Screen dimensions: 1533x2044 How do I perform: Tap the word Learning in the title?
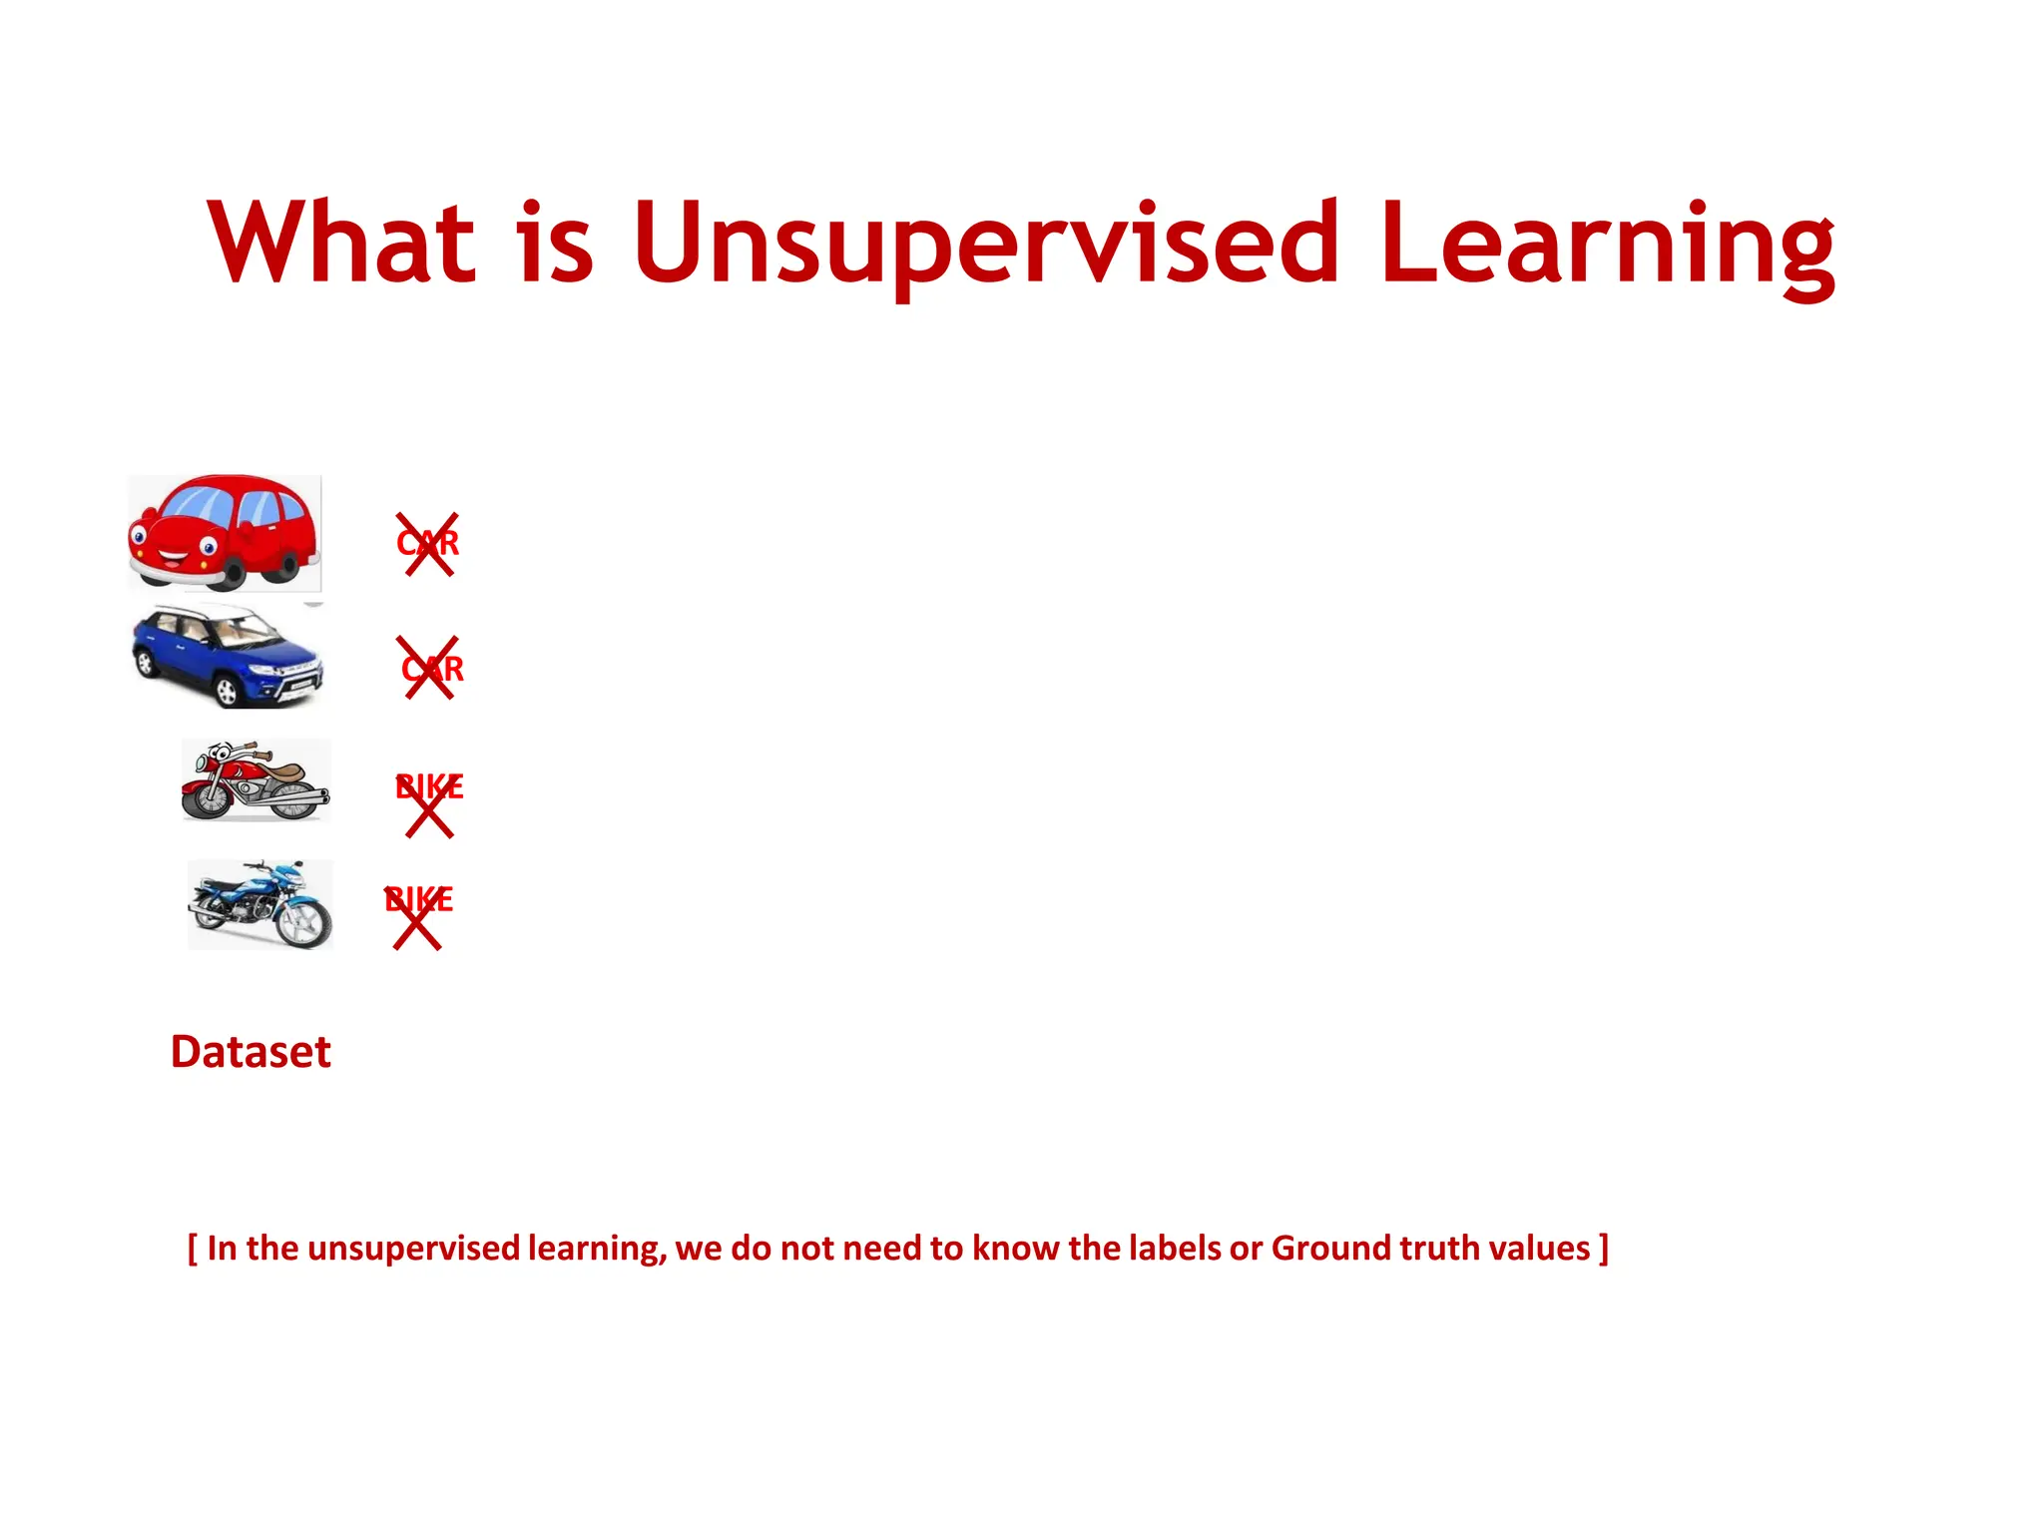pyautogui.click(x=1607, y=245)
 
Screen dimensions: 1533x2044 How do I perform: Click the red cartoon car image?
pyautogui.click(x=225, y=533)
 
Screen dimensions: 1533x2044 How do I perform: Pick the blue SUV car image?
pyautogui.click(x=228, y=657)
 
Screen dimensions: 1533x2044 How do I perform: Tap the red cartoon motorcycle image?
pyautogui.click(x=255, y=780)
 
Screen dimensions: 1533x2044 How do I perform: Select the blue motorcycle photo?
pyautogui.click(x=260, y=904)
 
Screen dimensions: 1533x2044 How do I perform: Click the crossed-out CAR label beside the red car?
pyautogui.click(x=427, y=544)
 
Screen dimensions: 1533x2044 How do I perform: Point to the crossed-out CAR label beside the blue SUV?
pyautogui.click(x=432, y=668)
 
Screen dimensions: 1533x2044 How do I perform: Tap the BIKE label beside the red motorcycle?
pyautogui.click(x=429, y=787)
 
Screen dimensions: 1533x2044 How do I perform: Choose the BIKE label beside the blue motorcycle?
pyautogui.click(x=419, y=900)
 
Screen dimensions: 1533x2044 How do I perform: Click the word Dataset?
pyautogui.click(x=251, y=1052)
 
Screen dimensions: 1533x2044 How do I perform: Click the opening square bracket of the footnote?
pyautogui.click(x=193, y=1249)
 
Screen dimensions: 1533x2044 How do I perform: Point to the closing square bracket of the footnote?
pyautogui.click(x=1603, y=1249)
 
